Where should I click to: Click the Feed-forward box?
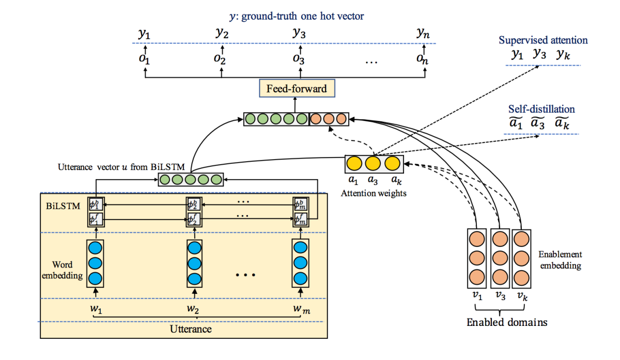pyautogui.click(x=296, y=89)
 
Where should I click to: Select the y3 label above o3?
pyautogui.click(x=299, y=34)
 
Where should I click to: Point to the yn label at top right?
pyautogui.click(x=423, y=34)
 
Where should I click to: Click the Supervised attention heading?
pyautogui.click(x=543, y=40)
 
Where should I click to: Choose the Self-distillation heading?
pyautogui.click(x=541, y=109)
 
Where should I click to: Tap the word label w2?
pyautogui.click(x=193, y=309)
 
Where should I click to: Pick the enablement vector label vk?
pyautogui.click(x=521, y=297)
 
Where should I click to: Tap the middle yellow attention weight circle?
pyautogui.click(x=373, y=164)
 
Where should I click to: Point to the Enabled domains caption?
pyautogui.click(x=506, y=323)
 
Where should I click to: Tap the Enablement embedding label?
pyautogui.click(x=560, y=260)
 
